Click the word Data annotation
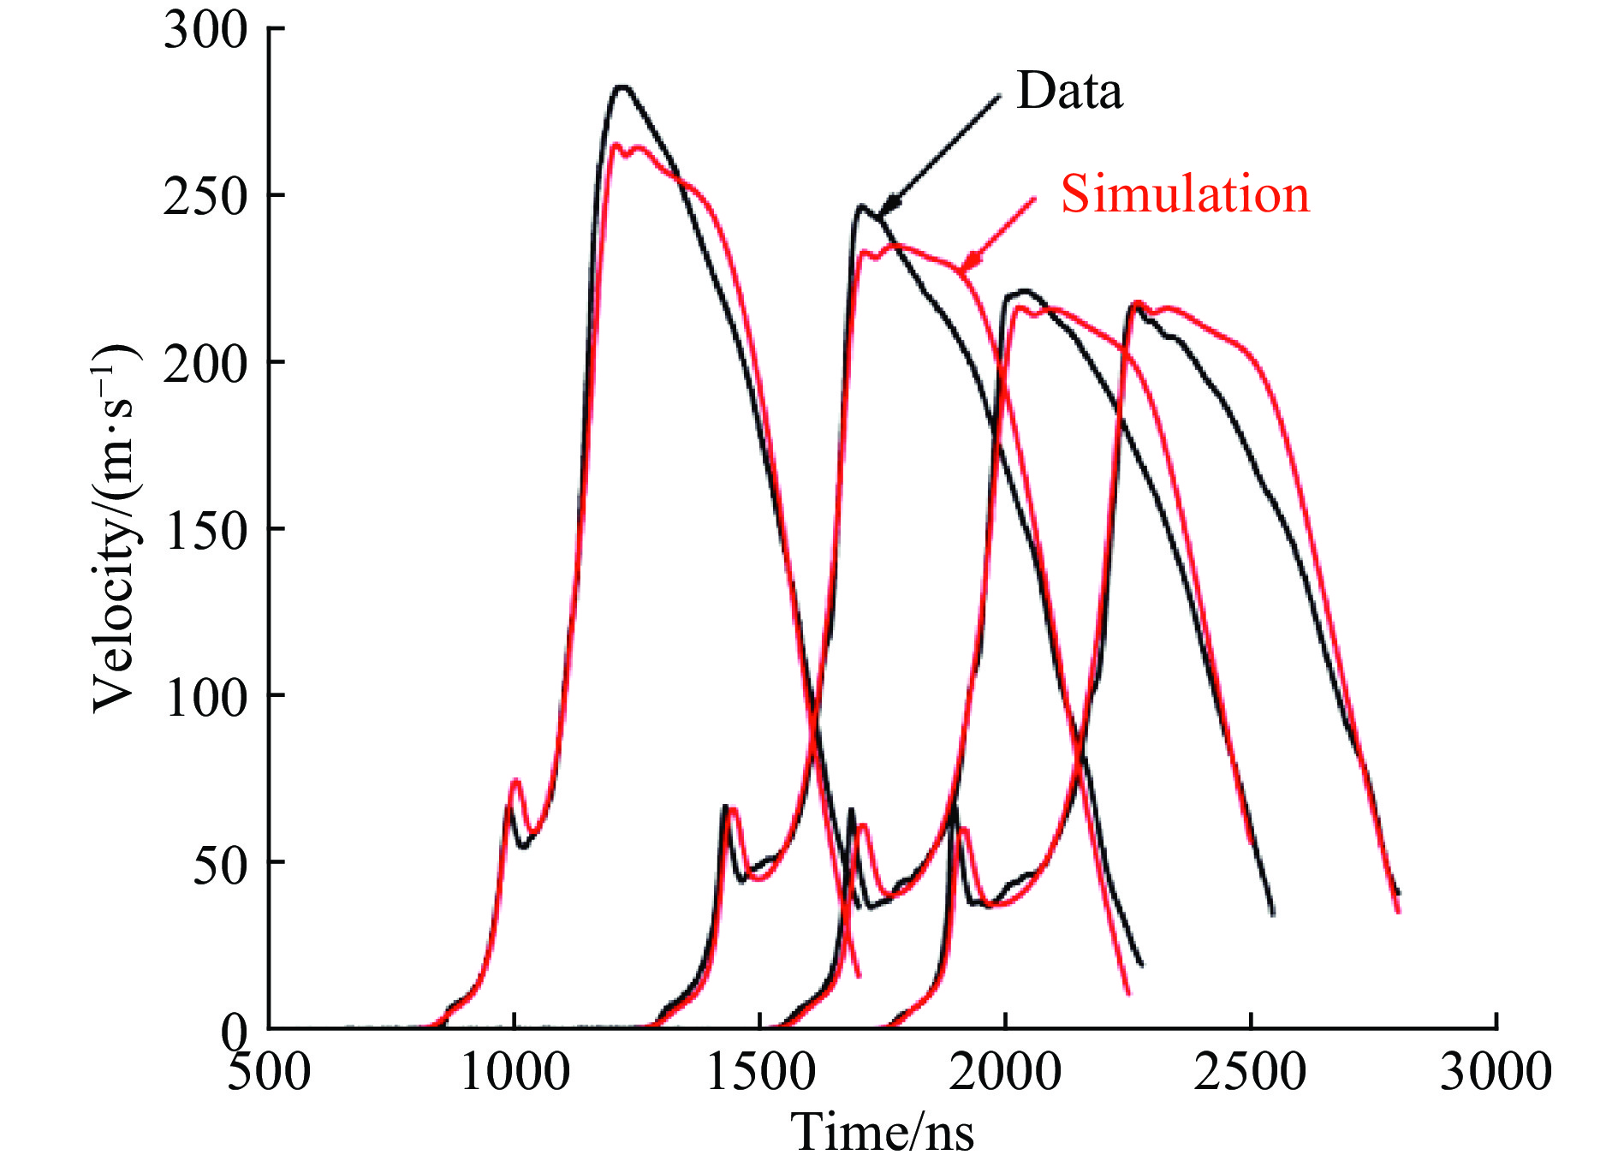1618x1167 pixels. (1068, 91)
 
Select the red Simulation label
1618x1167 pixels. (1185, 194)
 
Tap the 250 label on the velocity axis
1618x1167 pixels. (205, 196)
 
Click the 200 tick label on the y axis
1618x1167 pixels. (205, 363)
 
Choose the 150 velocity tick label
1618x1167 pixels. (205, 530)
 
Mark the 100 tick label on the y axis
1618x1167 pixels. (205, 697)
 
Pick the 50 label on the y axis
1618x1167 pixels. (220, 865)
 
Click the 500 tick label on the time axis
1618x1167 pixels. (269, 1071)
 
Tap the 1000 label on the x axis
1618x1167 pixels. (515, 1071)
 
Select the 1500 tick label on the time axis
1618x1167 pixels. (760, 1071)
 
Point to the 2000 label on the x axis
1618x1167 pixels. (1005, 1071)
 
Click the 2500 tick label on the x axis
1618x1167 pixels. (1251, 1071)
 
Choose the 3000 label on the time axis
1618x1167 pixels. (1496, 1071)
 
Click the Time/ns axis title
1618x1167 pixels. (882, 1132)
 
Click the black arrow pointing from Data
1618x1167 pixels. (942, 151)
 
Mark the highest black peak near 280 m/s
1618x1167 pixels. (622, 86)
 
